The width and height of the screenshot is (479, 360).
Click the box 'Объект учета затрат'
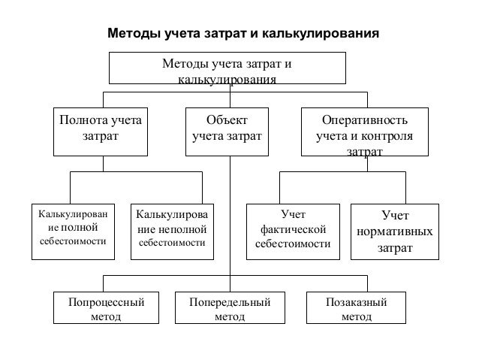point(227,130)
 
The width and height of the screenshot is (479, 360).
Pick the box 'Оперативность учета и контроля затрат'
point(364,132)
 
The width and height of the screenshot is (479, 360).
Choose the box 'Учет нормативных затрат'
point(395,231)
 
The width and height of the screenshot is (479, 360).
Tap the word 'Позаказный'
point(356,302)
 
